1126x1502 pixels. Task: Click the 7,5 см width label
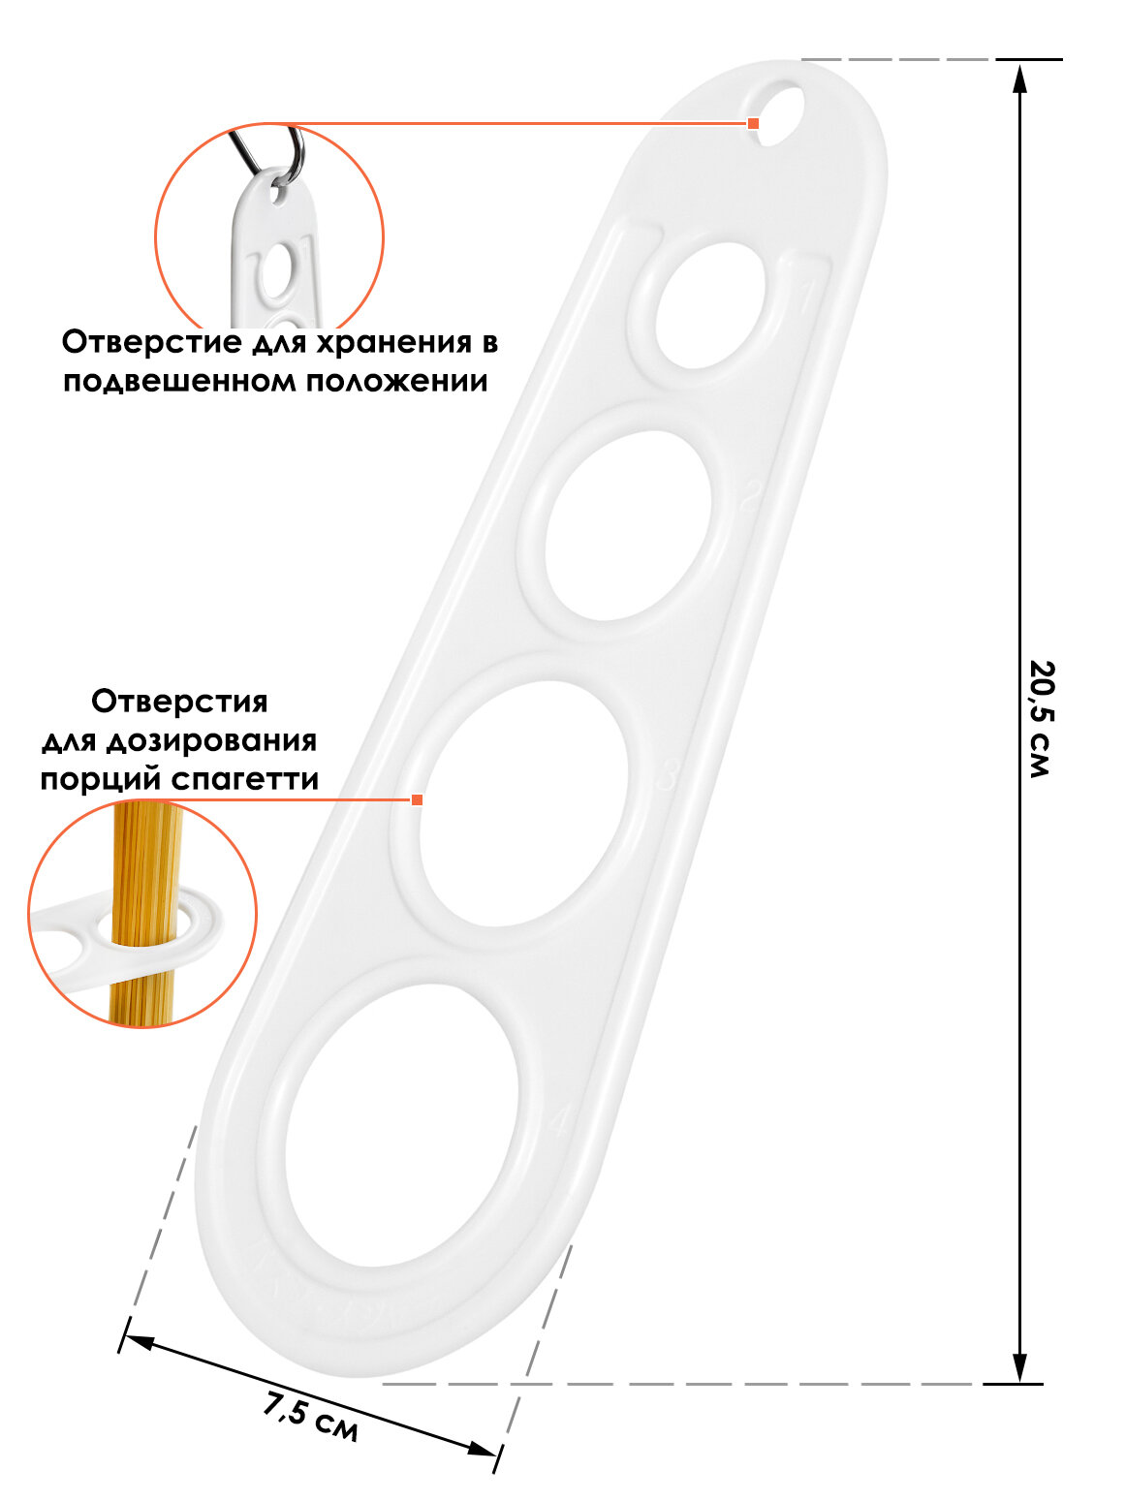click(311, 1414)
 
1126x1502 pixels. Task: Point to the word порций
click(101, 779)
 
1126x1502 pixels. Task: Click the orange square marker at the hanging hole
click(753, 123)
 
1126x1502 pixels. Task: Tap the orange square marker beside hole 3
click(418, 799)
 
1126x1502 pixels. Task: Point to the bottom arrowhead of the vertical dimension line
click(1019, 1367)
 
